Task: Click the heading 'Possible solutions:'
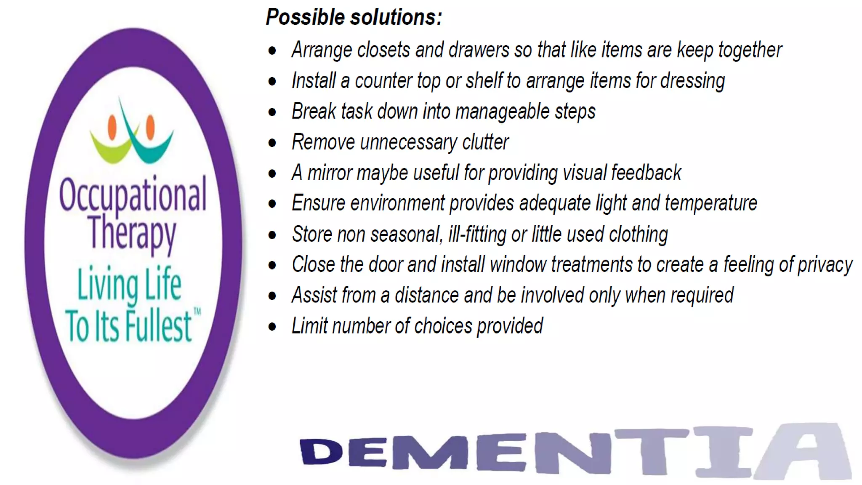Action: point(354,17)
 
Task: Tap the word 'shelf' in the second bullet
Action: point(484,80)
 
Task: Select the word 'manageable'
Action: point(502,112)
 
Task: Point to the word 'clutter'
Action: point(485,142)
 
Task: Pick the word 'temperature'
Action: point(711,203)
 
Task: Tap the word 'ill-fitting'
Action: point(477,235)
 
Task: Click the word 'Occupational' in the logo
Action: point(133,195)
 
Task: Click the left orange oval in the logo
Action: point(112,127)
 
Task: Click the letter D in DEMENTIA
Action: point(321,452)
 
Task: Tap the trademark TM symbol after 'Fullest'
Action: point(197,312)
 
